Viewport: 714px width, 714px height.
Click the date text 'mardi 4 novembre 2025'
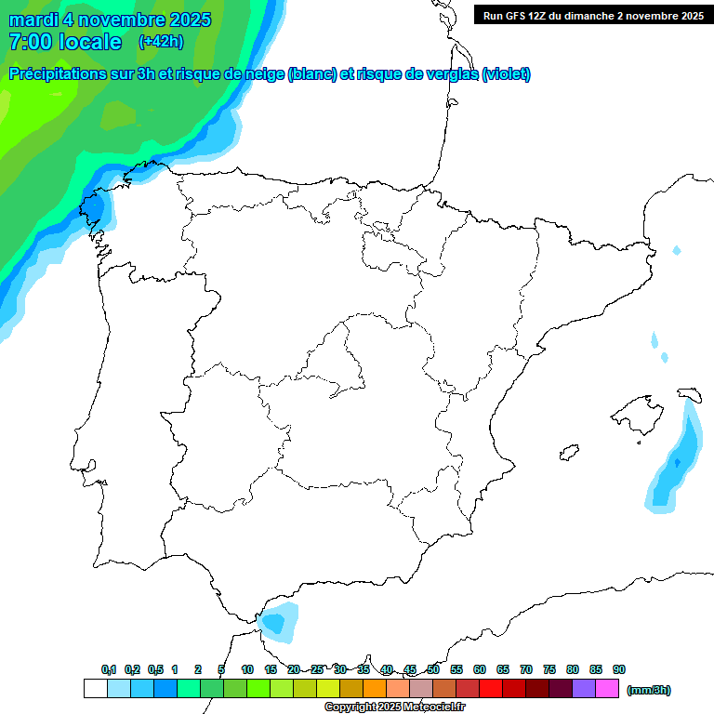click(110, 20)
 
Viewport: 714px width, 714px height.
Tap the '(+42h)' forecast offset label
click(161, 41)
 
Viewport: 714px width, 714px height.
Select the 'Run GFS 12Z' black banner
click(593, 15)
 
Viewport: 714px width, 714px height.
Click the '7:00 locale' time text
click(65, 42)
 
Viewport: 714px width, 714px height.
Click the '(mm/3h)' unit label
click(649, 690)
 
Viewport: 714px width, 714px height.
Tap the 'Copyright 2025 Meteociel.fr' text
click(394, 707)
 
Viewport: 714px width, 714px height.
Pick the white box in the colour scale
click(94, 689)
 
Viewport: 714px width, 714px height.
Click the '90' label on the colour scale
click(619, 669)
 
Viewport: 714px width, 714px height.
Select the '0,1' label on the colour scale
click(109, 669)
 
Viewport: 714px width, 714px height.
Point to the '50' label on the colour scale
click(433, 669)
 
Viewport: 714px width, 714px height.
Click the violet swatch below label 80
click(584, 689)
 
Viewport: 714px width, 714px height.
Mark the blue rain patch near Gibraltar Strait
click(278, 622)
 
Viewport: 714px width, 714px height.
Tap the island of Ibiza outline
click(569, 452)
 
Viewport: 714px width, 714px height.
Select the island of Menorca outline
click(690, 395)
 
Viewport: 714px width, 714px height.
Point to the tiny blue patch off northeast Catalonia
click(676, 250)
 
